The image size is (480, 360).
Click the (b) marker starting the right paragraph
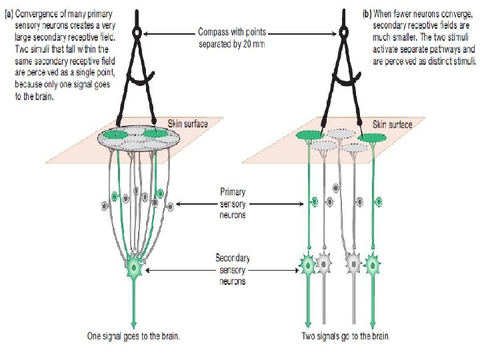click(367, 13)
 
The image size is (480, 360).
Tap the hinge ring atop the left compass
click(137, 32)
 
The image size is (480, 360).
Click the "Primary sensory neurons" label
click(233, 203)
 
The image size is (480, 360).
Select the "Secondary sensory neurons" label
click(233, 269)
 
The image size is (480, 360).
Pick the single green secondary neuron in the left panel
click(134, 268)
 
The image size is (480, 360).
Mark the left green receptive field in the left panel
click(115, 135)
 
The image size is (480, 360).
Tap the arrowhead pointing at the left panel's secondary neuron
click(147, 269)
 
